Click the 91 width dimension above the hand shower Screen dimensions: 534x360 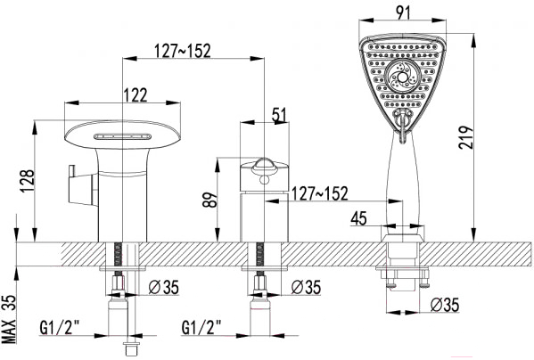point(403,12)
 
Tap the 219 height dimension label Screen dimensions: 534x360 point(466,137)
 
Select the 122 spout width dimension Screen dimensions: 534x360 point(136,95)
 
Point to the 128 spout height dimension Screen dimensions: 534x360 point(28,181)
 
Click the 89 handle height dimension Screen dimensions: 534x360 point(209,200)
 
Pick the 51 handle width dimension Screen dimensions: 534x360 point(280,114)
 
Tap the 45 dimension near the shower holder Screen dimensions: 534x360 point(359,218)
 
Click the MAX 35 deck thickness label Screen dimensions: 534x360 point(9,319)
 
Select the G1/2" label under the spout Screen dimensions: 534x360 point(59,327)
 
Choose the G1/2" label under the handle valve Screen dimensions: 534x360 point(201,327)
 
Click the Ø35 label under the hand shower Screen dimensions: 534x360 point(445,305)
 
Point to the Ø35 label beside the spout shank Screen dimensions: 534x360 point(163,287)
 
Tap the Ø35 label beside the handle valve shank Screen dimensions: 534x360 point(306,287)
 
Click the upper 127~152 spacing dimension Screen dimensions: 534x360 point(183,51)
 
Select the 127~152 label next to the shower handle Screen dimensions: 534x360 point(320,193)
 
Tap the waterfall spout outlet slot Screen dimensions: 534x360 point(123,137)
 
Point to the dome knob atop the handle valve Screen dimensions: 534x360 point(265,164)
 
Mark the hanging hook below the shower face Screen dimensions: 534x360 point(403,126)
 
